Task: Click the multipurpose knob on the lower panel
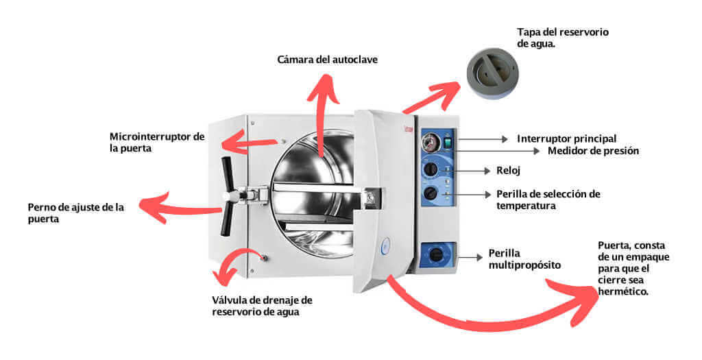click(x=436, y=255)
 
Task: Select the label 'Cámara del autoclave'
click(x=327, y=60)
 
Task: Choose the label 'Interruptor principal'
click(x=566, y=139)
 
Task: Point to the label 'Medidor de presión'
click(x=593, y=151)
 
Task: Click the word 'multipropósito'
click(x=520, y=265)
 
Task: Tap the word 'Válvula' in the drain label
click(x=230, y=300)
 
